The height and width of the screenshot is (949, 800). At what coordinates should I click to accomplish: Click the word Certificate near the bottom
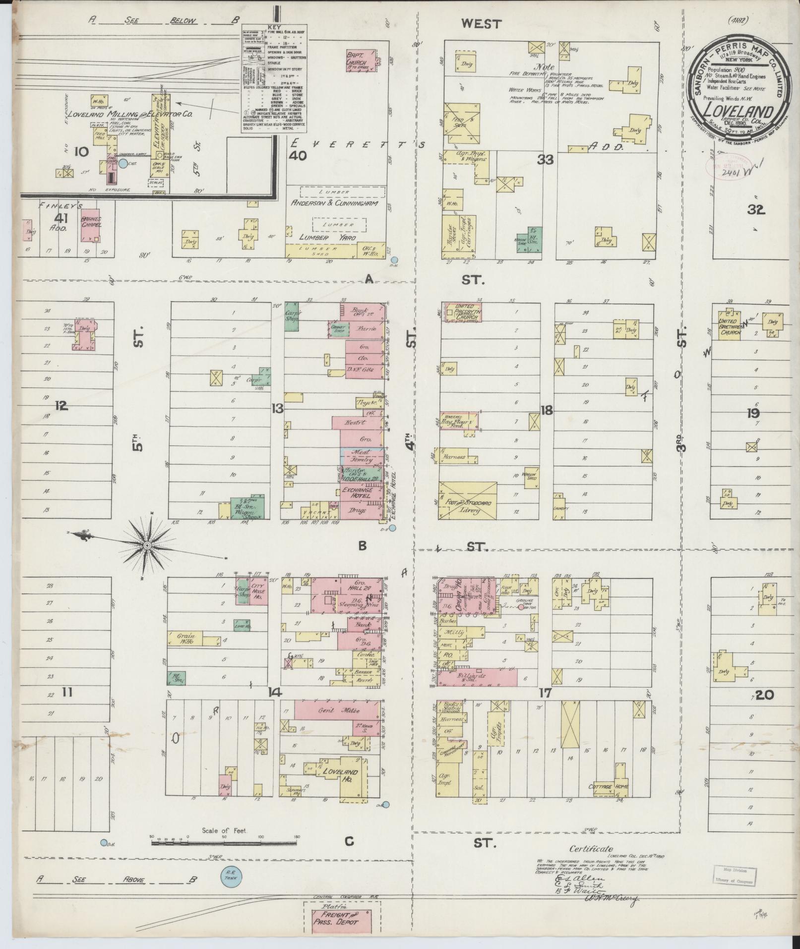point(591,849)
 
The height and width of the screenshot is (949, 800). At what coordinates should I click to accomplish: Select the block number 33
point(546,160)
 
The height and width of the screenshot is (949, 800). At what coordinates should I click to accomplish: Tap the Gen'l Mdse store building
point(339,710)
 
